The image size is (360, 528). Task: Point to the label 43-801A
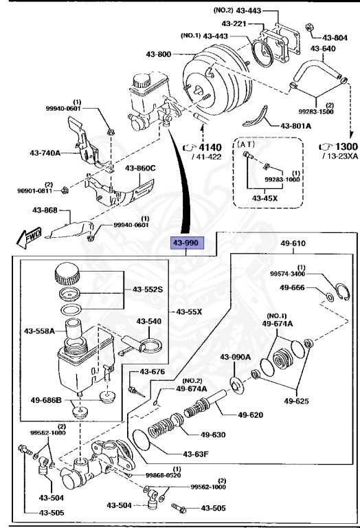pyautogui.click(x=296, y=126)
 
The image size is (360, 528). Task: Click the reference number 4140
pyautogui.click(x=210, y=147)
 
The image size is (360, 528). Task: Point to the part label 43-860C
pyautogui.click(x=139, y=168)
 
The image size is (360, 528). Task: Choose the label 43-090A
pyautogui.click(x=235, y=356)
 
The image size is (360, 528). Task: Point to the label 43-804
pyautogui.click(x=335, y=38)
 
